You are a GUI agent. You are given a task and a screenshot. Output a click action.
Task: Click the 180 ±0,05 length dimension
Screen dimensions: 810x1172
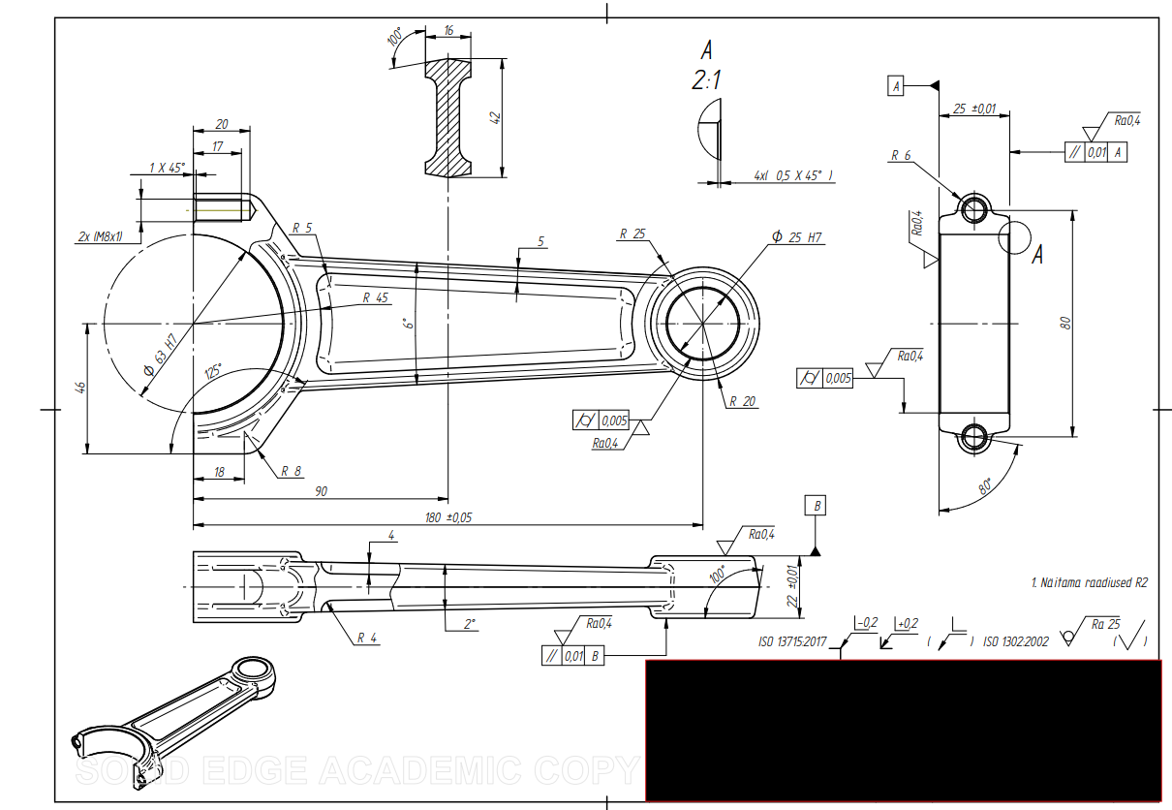coord(448,517)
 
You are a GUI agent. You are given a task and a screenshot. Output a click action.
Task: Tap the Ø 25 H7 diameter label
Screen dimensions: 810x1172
coord(797,237)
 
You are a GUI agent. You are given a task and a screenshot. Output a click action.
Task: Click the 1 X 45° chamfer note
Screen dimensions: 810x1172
coord(167,168)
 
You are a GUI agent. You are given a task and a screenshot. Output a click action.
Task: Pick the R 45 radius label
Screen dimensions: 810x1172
coord(376,297)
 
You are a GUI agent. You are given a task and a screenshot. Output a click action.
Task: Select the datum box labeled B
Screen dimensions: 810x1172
coord(817,506)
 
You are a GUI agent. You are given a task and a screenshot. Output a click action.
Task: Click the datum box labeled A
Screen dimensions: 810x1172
coord(896,86)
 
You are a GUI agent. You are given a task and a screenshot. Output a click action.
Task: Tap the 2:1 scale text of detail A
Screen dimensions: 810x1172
coord(706,81)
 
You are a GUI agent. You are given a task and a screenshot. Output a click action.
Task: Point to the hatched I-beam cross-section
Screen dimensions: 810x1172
coord(447,116)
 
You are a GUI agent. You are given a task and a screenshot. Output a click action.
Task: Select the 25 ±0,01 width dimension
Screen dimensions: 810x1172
coord(974,109)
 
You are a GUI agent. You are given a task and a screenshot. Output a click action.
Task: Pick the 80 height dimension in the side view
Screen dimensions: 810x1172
coord(1065,323)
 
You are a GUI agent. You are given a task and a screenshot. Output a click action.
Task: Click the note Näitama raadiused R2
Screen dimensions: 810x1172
coord(1089,582)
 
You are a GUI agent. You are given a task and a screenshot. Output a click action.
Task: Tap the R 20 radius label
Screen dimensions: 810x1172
coord(743,401)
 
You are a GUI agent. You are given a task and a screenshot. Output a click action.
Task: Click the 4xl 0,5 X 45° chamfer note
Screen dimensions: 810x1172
coord(793,175)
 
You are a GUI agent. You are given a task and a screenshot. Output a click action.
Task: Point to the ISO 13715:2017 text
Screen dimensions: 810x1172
coord(792,641)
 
